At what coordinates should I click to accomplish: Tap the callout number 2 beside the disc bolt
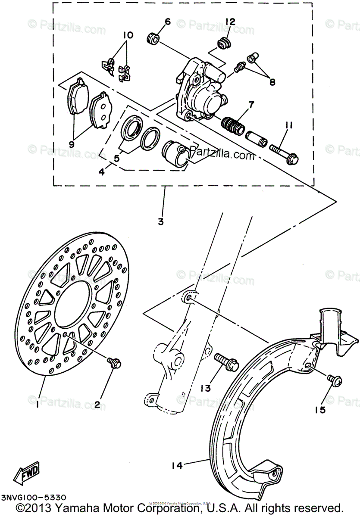click(x=97, y=405)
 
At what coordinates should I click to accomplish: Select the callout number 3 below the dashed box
click(x=160, y=222)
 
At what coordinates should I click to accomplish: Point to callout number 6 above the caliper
click(x=168, y=22)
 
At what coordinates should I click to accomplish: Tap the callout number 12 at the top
click(x=230, y=21)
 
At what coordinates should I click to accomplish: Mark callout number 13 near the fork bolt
click(x=206, y=388)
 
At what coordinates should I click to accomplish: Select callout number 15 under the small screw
click(x=319, y=410)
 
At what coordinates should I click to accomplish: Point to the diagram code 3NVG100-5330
click(x=33, y=497)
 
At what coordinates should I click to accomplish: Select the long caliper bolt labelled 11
click(x=285, y=153)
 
